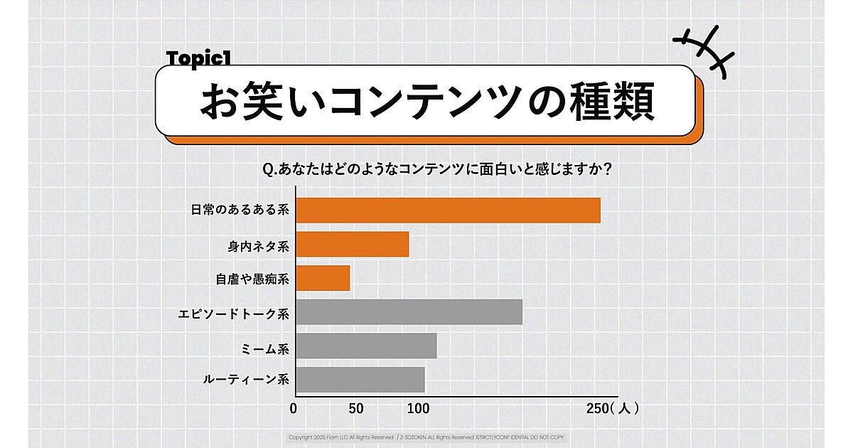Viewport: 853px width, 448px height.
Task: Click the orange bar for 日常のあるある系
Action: coord(448,210)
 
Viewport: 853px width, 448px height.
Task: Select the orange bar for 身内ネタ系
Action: coord(353,245)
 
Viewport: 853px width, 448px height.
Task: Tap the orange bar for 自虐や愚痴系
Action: coord(323,278)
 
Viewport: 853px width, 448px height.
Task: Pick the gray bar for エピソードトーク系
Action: coord(409,312)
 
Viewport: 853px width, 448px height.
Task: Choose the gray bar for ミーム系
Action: coord(366,346)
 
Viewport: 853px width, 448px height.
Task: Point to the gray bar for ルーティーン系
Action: coord(360,380)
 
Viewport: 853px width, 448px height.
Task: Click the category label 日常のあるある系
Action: coord(240,210)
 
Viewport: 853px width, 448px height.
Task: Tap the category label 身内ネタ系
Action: coord(258,245)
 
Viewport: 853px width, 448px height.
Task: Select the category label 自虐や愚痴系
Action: coord(252,279)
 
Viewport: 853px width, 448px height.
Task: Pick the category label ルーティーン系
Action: coord(246,380)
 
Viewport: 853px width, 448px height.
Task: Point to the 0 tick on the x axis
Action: coord(294,409)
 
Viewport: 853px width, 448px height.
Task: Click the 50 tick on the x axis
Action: coord(356,409)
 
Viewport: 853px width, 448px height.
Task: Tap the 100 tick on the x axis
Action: coord(419,409)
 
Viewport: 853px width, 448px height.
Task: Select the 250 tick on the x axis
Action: coord(597,409)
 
